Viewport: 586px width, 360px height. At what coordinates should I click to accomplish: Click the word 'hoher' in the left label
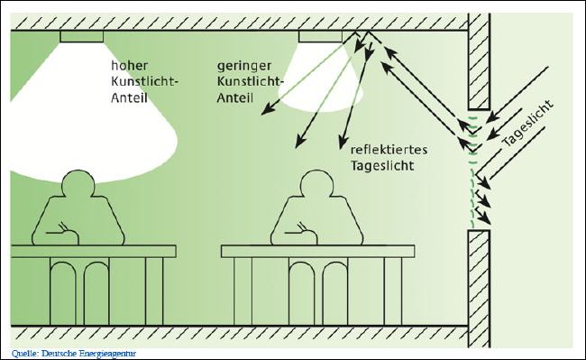point(129,66)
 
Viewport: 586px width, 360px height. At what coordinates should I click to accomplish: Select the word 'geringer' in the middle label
point(243,66)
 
